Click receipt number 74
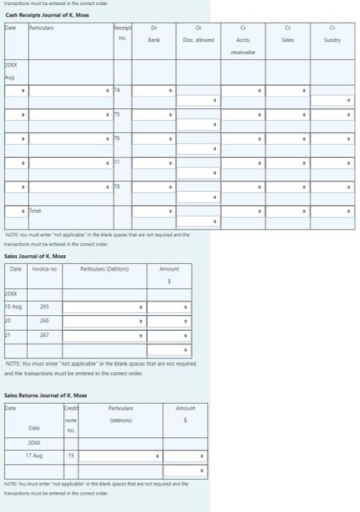point(116,90)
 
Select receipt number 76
point(116,138)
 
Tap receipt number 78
point(116,187)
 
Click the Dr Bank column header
point(154,33)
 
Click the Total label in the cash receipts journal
point(35,211)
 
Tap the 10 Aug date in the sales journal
point(13,308)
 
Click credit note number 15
point(71,456)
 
